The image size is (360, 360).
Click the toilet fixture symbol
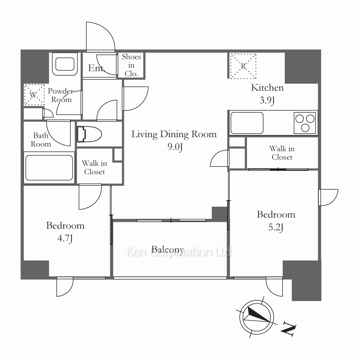pos(89,134)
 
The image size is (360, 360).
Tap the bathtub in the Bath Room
pos(49,168)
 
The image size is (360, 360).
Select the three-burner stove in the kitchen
pos(305,123)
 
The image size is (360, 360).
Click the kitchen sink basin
pos(247,123)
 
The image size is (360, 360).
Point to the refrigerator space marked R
pos(243,66)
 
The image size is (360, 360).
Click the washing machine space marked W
pos(34,95)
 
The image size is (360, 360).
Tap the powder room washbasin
pos(65,64)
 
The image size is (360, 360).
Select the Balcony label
pos(168,249)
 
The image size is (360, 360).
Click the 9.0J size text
pos(175,147)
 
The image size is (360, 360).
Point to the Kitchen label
pos(267,88)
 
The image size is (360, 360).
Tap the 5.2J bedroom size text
pos(276,227)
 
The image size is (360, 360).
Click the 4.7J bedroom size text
pos(65,238)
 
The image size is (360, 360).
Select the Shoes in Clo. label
pos(131,65)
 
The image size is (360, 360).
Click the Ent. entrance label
pos(96,68)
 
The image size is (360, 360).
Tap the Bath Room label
pos(41,140)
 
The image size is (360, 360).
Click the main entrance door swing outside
pos(100,36)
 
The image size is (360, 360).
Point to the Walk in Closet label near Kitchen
pos(282,153)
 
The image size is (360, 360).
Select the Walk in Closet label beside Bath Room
pos(94,167)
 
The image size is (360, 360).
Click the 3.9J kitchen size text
pos(267,100)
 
